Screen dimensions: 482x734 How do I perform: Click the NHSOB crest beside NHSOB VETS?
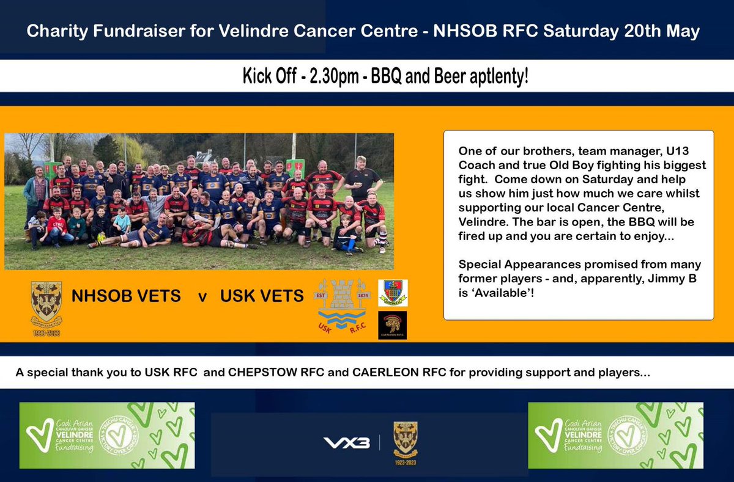tap(46, 302)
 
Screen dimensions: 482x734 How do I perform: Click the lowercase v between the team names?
tap(202, 297)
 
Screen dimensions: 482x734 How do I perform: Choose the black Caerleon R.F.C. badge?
tap(393, 325)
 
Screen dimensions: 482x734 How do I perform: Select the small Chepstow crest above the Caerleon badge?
tap(393, 293)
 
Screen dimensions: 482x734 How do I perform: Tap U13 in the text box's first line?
tap(686, 149)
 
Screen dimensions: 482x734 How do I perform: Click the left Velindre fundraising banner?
tap(107, 435)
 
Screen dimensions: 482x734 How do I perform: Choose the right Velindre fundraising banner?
tap(615, 435)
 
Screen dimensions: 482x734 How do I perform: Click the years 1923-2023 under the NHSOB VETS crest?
tap(46, 334)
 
